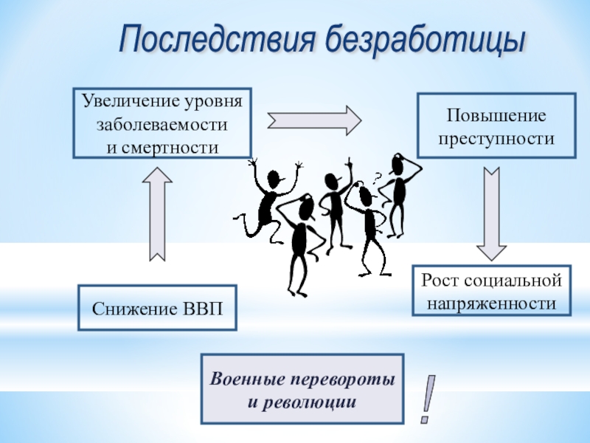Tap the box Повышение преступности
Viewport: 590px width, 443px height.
496,126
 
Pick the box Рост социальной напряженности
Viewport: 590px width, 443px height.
491,292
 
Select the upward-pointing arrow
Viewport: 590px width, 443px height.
158,213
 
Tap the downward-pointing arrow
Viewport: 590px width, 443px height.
490,210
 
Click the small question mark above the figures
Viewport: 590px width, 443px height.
378,177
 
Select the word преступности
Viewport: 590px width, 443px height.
496,138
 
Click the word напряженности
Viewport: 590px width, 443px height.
491,303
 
